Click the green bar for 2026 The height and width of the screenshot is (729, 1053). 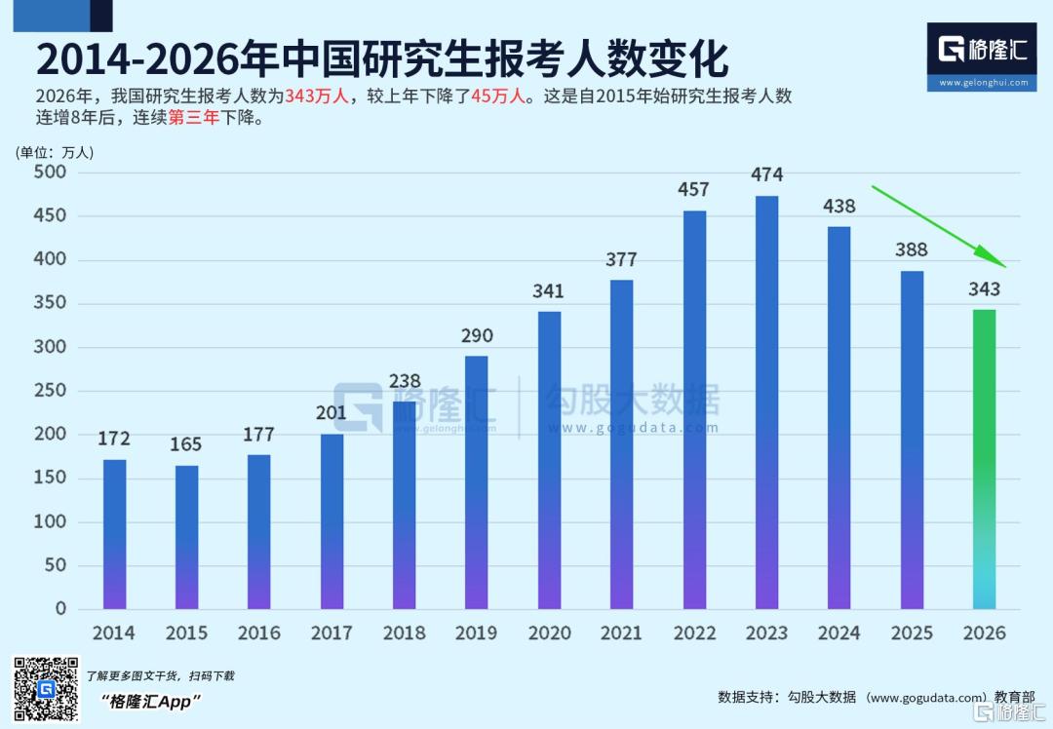(984, 459)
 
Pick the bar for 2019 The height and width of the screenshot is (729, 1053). (477, 482)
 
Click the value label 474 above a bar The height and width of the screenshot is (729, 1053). (766, 175)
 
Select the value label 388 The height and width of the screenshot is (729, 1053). (911, 249)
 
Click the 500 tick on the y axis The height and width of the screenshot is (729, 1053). (50, 173)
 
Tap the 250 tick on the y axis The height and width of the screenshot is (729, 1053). (50, 391)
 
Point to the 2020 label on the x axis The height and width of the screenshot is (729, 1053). (549, 633)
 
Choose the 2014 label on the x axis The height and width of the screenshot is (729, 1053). (114, 633)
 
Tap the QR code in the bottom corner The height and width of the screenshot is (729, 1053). (45, 690)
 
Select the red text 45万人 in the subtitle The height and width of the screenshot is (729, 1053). (497, 96)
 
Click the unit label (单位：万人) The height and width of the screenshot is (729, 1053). (55, 152)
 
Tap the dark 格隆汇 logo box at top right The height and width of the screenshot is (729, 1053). (982, 57)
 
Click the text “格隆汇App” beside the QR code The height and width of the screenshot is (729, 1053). (150, 702)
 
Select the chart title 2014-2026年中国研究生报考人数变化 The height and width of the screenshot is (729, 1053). (381, 59)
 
